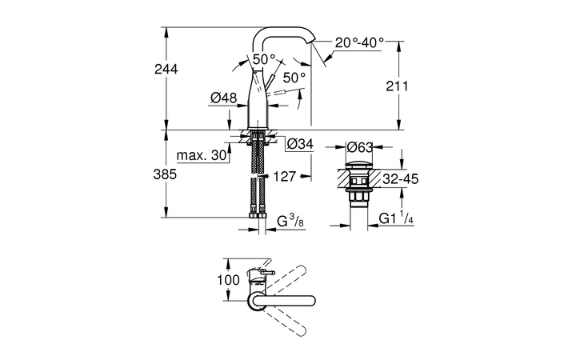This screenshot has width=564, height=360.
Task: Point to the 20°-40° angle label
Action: coord(359,41)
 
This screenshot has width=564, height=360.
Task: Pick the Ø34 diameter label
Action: coord(299,144)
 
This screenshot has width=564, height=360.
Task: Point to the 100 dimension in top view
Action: coord(229,281)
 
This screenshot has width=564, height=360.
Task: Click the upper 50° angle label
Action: coord(264,58)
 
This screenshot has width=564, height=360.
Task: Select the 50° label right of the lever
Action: coord(294,77)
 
